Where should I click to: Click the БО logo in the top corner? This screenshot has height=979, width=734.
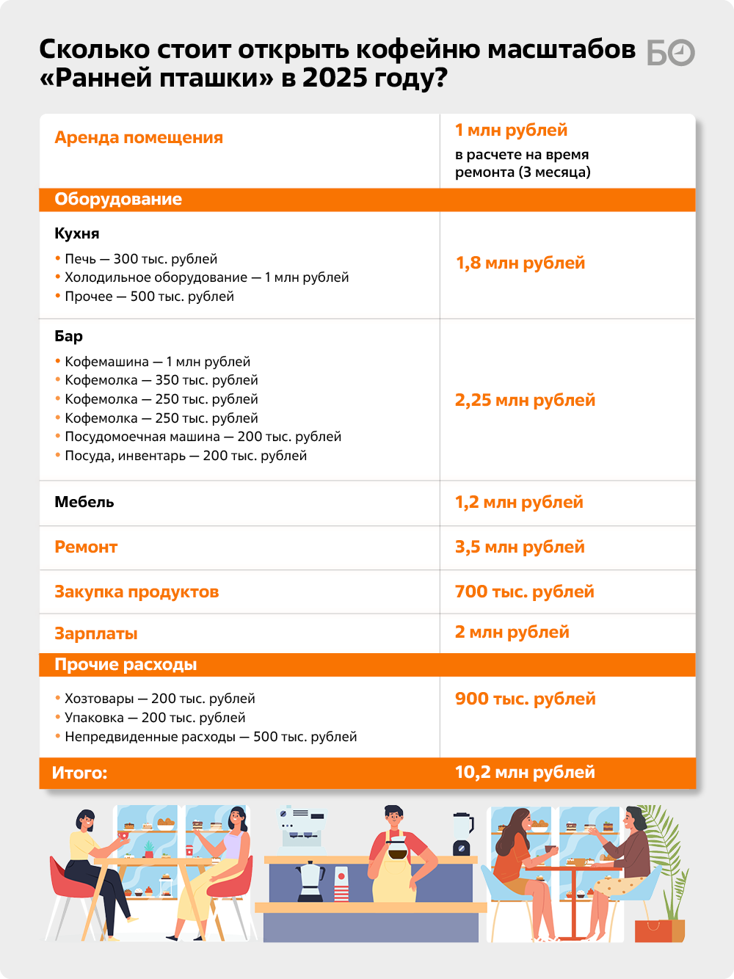(x=670, y=53)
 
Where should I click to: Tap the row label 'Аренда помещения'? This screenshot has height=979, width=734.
(x=139, y=138)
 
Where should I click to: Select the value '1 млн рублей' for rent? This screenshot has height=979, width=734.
(x=511, y=131)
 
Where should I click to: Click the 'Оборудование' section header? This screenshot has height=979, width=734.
(x=118, y=200)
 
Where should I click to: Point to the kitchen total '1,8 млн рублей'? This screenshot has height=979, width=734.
(x=520, y=263)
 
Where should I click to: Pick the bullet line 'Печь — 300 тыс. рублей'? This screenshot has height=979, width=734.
(x=141, y=259)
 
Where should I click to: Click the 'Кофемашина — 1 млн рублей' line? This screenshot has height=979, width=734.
(x=157, y=362)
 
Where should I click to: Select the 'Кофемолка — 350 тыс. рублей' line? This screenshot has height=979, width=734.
(x=161, y=380)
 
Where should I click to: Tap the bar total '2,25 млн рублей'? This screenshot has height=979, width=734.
(x=525, y=400)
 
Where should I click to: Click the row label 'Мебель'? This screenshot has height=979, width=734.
(x=84, y=502)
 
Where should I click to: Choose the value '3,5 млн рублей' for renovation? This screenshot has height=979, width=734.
(x=520, y=547)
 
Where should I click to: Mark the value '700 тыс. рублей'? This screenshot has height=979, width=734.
(x=524, y=592)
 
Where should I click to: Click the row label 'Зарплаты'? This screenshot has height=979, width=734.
(x=96, y=633)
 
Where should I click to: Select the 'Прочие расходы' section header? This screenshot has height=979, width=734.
(x=126, y=665)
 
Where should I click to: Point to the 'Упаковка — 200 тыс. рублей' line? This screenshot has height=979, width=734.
(x=155, y=718)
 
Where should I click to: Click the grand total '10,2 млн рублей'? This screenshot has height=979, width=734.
(x=525, y=772)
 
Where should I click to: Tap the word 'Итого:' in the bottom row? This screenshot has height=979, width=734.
(x=79, y=773)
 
